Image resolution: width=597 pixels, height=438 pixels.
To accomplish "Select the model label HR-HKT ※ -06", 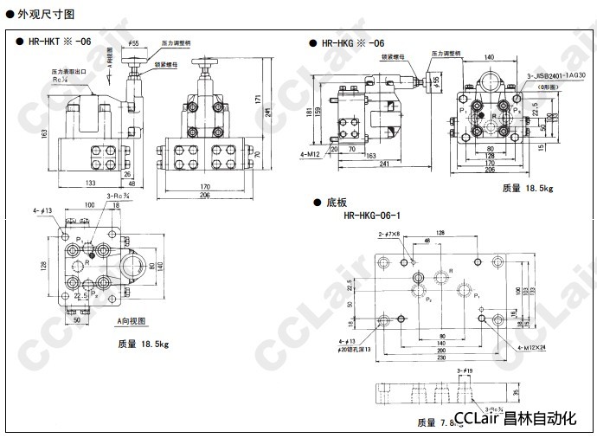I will [x=59, y=42].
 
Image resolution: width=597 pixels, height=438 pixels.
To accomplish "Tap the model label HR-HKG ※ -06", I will [x=352, y=42].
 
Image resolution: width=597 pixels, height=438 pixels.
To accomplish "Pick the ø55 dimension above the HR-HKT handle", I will [x=133, y=42].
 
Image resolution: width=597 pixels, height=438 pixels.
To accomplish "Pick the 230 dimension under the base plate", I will [x=442, y=358].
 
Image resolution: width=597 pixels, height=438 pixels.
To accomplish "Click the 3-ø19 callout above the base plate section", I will [x=464, y=370].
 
